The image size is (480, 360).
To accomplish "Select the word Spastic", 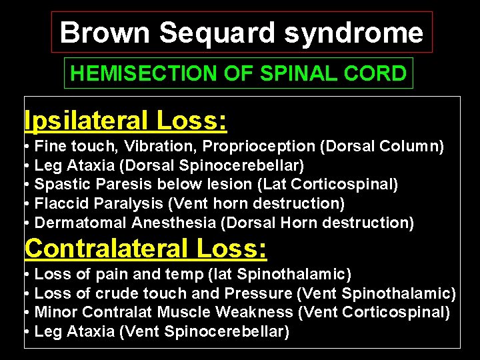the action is pos(59,184).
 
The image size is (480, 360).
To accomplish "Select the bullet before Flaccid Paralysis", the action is pos(25,203).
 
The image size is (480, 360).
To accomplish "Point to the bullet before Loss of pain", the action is pos(25,274).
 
